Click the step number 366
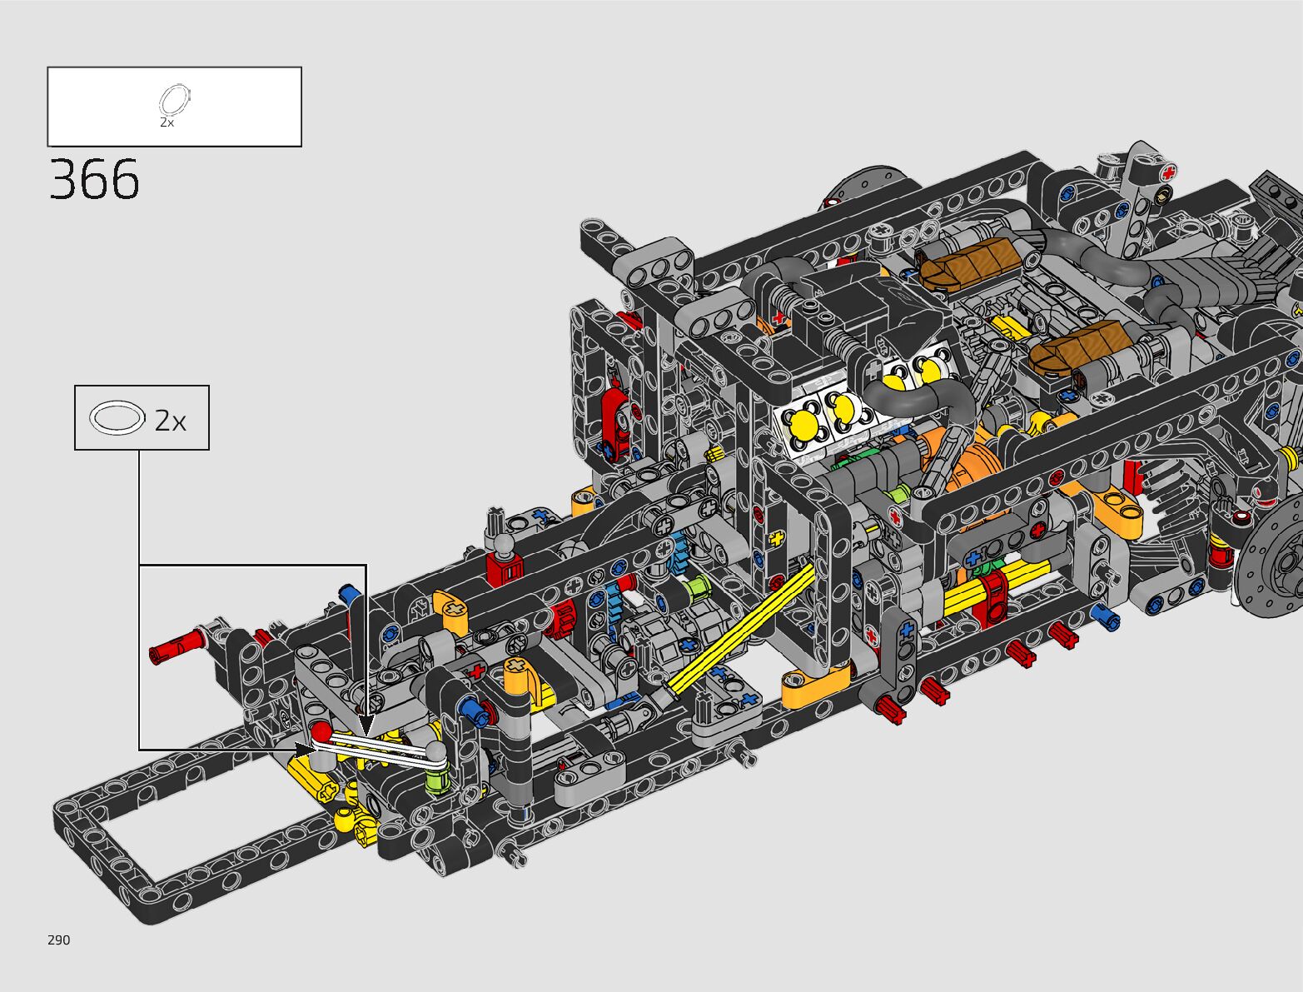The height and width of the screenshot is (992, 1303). pos(94,179)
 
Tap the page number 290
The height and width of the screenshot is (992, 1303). pos(59,940)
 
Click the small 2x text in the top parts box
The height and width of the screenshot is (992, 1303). pos(167,122)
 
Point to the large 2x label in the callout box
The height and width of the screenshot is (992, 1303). pos(171,421)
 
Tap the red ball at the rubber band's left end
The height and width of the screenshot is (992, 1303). pos(321,730)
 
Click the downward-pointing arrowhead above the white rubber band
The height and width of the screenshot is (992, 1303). pos(366,725)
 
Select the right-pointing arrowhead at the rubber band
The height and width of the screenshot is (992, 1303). pos(305,749)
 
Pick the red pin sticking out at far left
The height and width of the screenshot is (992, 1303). pos(177,646)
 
